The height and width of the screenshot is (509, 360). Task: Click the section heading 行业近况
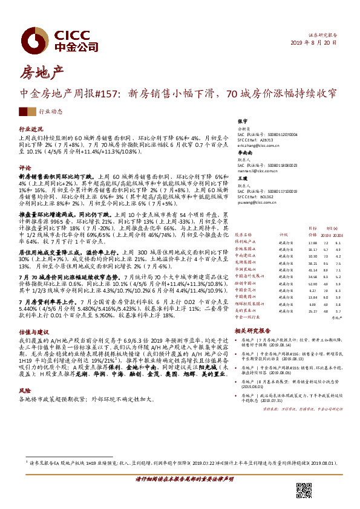click(31, 129)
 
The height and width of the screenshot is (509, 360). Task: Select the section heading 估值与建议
click(33, 331)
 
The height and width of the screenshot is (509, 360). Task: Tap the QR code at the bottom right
click(304, 491)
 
